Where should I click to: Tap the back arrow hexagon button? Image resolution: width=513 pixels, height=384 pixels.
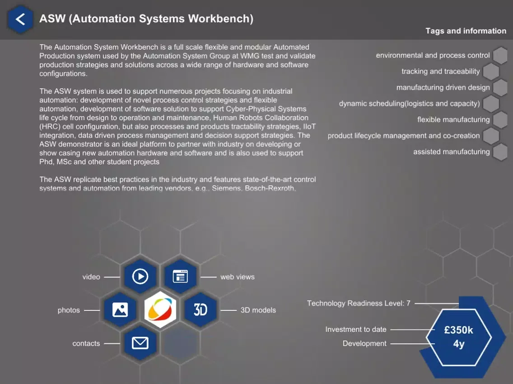(20, 19)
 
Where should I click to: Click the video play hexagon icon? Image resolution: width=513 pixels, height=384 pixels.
(140, 276)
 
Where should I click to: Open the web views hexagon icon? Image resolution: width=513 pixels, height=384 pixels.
(180, 276)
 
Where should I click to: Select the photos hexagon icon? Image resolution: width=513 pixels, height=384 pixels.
(120, 310)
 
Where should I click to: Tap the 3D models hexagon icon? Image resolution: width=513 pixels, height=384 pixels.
(201, 310)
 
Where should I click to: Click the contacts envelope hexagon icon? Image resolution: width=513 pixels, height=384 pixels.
(140, 343)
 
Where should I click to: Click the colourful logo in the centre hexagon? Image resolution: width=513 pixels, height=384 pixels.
(160, 310)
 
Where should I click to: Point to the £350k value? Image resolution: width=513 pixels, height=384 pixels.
(458, 330)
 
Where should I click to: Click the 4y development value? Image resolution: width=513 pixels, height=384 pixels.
(459, 344)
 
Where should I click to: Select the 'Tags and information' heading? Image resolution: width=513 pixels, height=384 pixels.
(466, 31)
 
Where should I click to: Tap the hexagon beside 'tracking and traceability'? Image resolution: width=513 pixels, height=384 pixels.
(490, 72)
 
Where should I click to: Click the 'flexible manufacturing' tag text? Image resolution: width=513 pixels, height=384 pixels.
(453, 120)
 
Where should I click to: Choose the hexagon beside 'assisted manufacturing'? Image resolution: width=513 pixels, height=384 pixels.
(500, 152)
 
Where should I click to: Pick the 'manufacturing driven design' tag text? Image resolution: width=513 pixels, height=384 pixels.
(443, 87)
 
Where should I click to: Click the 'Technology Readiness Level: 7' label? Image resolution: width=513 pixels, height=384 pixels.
(359, 303)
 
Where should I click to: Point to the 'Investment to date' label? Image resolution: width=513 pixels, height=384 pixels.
(356, 329)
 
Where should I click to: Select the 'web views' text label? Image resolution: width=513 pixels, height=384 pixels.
(237, 277)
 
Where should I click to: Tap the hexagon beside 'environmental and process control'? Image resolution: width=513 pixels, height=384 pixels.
(500, 55)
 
